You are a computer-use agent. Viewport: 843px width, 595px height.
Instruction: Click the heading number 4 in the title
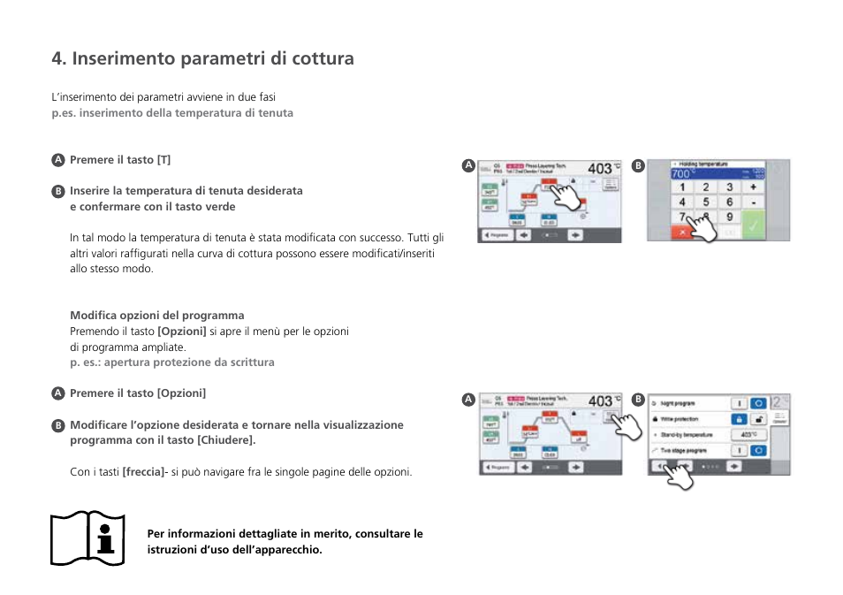click(58, 58)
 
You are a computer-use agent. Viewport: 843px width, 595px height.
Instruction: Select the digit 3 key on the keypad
click(729, 187)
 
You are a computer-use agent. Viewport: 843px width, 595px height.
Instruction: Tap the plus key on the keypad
click(753, 187)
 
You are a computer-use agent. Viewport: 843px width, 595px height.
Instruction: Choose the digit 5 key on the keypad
click(705, 202)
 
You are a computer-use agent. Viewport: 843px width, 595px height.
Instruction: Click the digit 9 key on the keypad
click(729, 217)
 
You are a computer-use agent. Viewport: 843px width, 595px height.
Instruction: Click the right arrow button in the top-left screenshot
click(576, 235)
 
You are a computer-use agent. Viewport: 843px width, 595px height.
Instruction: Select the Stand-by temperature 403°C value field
click(748, 435)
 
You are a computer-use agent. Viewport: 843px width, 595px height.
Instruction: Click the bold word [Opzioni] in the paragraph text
click(182, 332)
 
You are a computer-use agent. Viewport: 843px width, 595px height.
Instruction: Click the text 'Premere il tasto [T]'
click(120, 160)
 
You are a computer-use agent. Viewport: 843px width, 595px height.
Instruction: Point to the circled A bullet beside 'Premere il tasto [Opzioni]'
click(57, 393)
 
